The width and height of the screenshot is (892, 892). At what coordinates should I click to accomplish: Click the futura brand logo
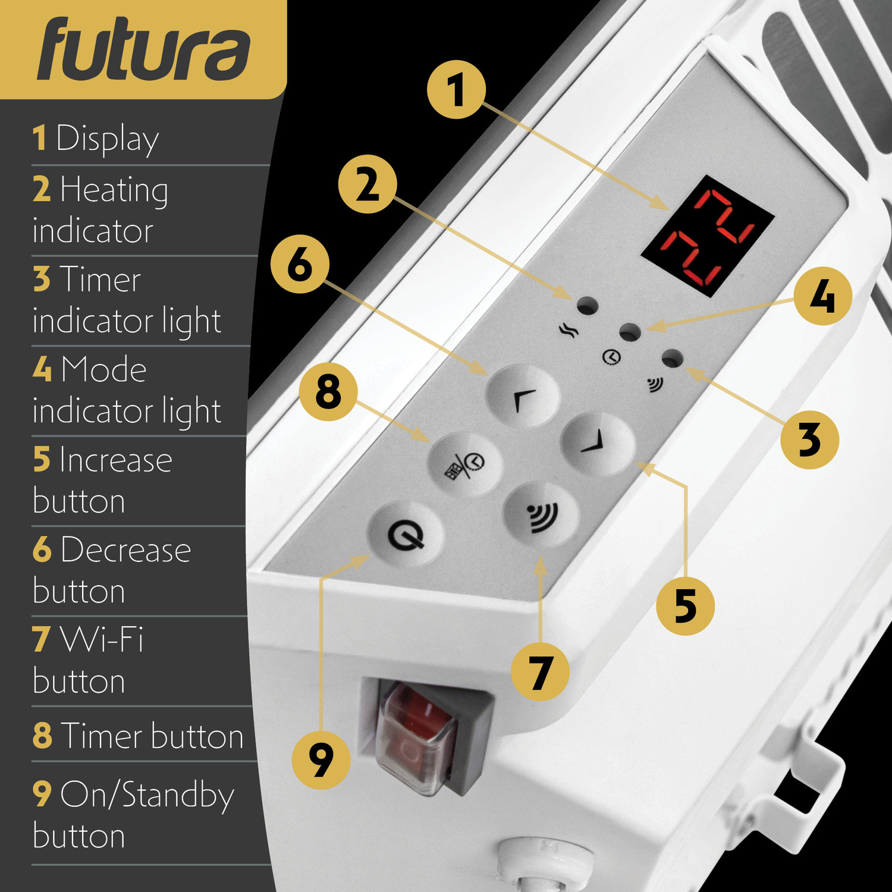(143, 49)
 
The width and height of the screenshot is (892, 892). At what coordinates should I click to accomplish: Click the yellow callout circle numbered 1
(456, 89)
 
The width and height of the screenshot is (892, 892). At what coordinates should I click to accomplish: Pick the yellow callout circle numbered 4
(822, 296)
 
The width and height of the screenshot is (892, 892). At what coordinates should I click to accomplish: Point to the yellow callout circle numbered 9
(321, 760)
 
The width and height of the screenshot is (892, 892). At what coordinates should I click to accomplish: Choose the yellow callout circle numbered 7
(541, 671)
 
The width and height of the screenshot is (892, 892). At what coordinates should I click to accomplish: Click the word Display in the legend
(108, 140)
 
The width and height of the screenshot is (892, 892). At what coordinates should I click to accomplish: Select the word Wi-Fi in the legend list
(102, 640)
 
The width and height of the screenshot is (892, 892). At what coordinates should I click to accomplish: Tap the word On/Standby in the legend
(147, 796)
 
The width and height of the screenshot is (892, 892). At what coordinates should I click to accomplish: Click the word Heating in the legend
(114, 190)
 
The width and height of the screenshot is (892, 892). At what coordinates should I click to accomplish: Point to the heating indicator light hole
(588, 306)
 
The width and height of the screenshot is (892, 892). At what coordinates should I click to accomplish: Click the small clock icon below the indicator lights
(611, 357)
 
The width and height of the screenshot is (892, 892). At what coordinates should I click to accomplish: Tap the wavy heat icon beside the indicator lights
(569, 330)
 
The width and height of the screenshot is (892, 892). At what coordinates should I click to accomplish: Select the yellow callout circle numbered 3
(809, 439)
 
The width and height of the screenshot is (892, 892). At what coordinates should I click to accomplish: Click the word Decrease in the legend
(125, 550)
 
